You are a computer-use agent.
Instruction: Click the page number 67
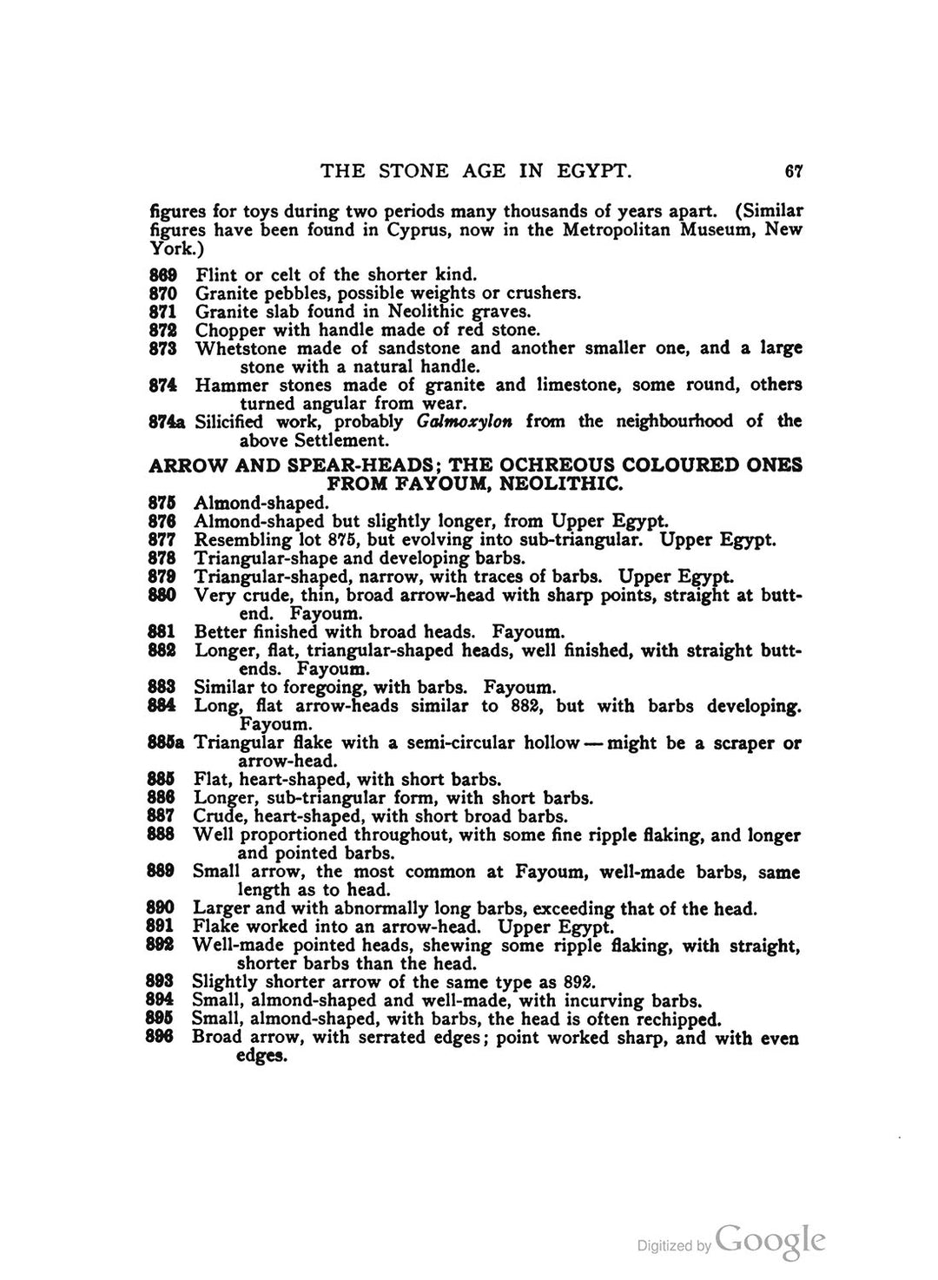pos(792,171)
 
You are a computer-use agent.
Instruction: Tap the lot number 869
pos(163,275)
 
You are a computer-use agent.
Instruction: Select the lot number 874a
pos(168,422)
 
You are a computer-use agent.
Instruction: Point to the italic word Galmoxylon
pos(465,422)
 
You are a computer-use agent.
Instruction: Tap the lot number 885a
pos(168,743)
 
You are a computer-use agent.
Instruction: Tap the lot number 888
pos(162,835)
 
